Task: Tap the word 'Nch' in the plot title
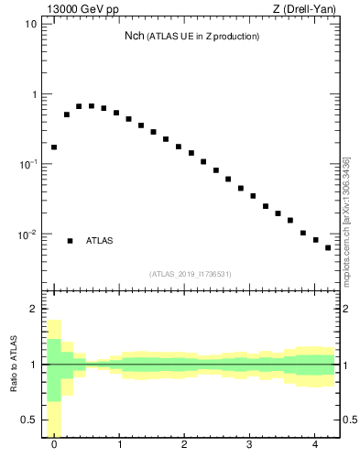pyautogui.click(x=134, y=37)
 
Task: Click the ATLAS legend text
pyautogui.click(x=100, y=241)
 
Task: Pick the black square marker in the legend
pyautogui.click(x=70, y=241)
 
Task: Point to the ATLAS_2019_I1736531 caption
pyautogui.click(x=191, y=274)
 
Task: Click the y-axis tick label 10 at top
pyautogui.click(x=31, y=24)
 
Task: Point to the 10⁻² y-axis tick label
pyautogui.click(x=28, y=234)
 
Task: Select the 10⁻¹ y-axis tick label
pyautogui.click(x=28, y=164)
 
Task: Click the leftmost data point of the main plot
pyautogui.click(x=54, y=147)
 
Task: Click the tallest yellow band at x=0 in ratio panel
pyautogui.click(x=54, y=376)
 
